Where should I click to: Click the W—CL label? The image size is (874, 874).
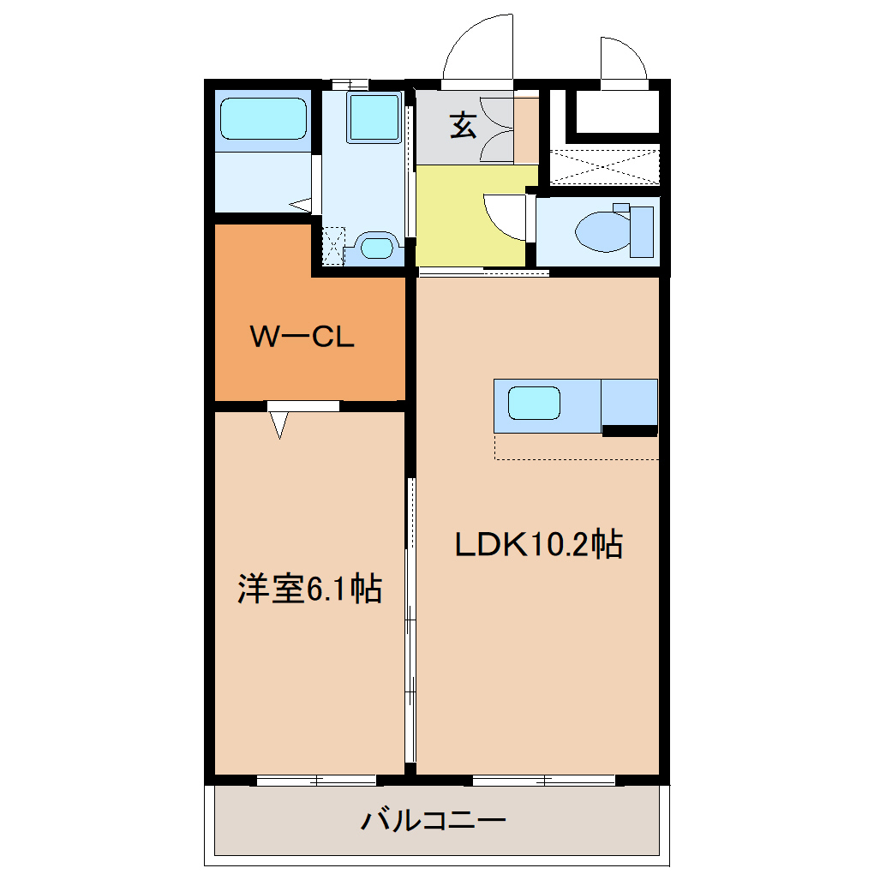tap(302, 337)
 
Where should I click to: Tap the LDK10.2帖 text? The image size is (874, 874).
tap(538, 544)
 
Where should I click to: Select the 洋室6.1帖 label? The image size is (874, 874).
tap(309, 589)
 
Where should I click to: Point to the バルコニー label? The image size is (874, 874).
tap(433, 821)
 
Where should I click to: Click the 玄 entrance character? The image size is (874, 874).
tap(464, 125)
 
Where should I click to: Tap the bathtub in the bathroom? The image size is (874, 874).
tap(263, 119)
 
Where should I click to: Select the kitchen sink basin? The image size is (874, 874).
tap(534, 403)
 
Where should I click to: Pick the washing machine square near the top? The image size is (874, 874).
tap(374, 117)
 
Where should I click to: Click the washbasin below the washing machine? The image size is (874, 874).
tap(376, 247)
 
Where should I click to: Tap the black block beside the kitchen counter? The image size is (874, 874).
tap(630, 430)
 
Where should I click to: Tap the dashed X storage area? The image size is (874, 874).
tap(605, 166)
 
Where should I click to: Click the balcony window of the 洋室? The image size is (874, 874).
tap(316, 781)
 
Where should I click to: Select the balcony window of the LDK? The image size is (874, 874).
tap(544, 781)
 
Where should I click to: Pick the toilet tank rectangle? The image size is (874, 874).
tap(642, 232)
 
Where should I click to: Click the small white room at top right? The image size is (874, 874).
tap(617, 111)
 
